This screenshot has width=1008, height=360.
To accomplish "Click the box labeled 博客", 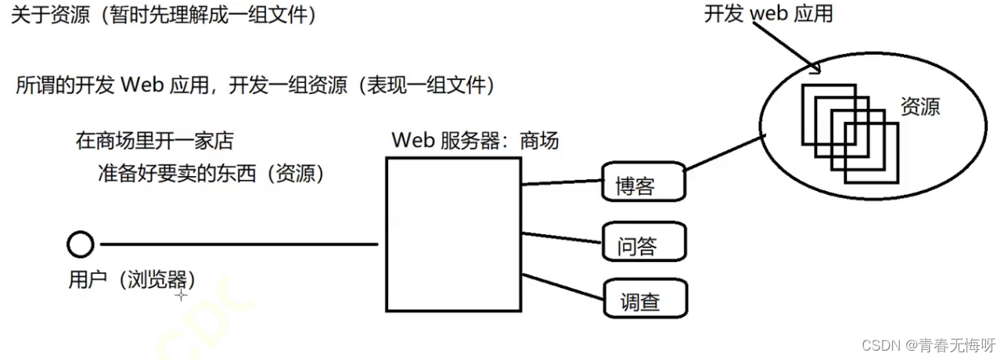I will pyautogui.click(x=644, y=182).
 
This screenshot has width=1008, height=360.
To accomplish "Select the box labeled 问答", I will pyautogui.click(x=644, y=241).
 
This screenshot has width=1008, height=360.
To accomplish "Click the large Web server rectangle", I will pyautogui.click(x=453, y=235).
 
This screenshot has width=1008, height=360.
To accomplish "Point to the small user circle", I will pyautogui.click(x=80, y=245).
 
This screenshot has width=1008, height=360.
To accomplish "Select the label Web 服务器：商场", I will pyautogui.click(x=475, y=141).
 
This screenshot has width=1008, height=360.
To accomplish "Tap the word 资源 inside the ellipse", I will pyautogui.click(x=920, y=107).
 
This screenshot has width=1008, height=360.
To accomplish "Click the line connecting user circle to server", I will pyautogui.click(x=239, y=245).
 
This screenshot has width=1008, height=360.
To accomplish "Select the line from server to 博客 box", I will pyautogui.click(x=562, y=182).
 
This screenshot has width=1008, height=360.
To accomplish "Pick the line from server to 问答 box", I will pyautogui.click(x=562, y=237).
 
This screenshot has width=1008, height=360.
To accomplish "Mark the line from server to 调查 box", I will pyautogui.click(x=562, y=286).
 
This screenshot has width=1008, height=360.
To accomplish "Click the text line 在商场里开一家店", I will pyautogui.click(x=154, y=142).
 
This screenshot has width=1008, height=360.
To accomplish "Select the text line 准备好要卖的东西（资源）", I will pyautogui.click(x=211, y=174).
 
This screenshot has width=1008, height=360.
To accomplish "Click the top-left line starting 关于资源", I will pyautogui.click(x=164, y=15).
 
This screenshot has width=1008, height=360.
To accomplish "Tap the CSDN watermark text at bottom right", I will pyautogui.click(x=928, y=345).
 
